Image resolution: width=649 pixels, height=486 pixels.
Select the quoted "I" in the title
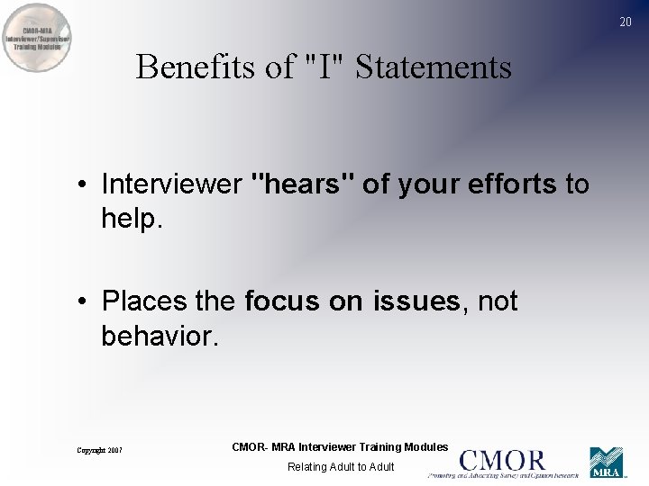pos(322,67)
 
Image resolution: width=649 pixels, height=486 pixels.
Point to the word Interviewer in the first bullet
pos(171,184)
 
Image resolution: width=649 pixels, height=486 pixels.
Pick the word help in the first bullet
pos(127,218)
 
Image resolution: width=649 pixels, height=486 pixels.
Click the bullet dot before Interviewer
pos(82,185)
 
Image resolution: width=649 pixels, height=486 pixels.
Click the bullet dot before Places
pos(82,301)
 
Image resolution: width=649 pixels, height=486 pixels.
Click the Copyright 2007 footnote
pos(99,450)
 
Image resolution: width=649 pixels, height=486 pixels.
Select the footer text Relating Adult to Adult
pos(340,467)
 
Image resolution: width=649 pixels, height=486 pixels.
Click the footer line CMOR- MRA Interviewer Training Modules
pos(340,447)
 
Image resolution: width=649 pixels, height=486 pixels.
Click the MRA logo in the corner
pos(606,463)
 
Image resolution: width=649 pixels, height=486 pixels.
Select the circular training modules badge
pos(38,39)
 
